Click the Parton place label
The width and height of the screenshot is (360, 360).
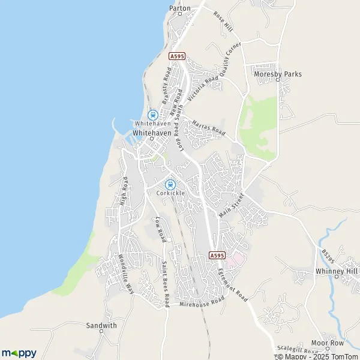pos(180,8)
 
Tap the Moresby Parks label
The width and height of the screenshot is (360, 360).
pos(277,74)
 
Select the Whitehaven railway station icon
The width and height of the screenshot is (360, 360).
pos(152,114)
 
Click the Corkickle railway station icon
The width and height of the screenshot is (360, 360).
pos(170,184)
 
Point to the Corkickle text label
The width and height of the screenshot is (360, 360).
pos(170,193)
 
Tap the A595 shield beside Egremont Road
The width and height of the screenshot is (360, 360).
pos(217,256)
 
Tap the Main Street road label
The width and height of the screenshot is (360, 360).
pos(232,205)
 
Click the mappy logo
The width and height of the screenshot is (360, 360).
pos(19,353)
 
